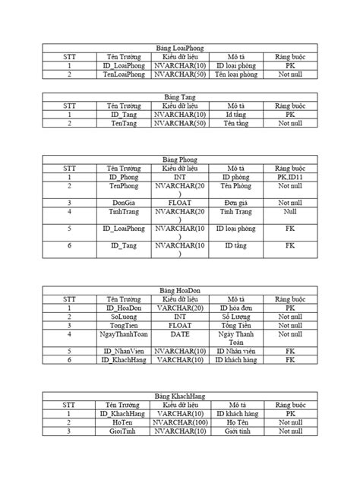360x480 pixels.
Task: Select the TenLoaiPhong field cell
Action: coord(123,75)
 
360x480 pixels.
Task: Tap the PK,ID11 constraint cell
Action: coord(289,176)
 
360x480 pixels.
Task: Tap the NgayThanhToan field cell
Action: coord(123,333)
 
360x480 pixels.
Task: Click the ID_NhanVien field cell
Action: coord(123,351)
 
